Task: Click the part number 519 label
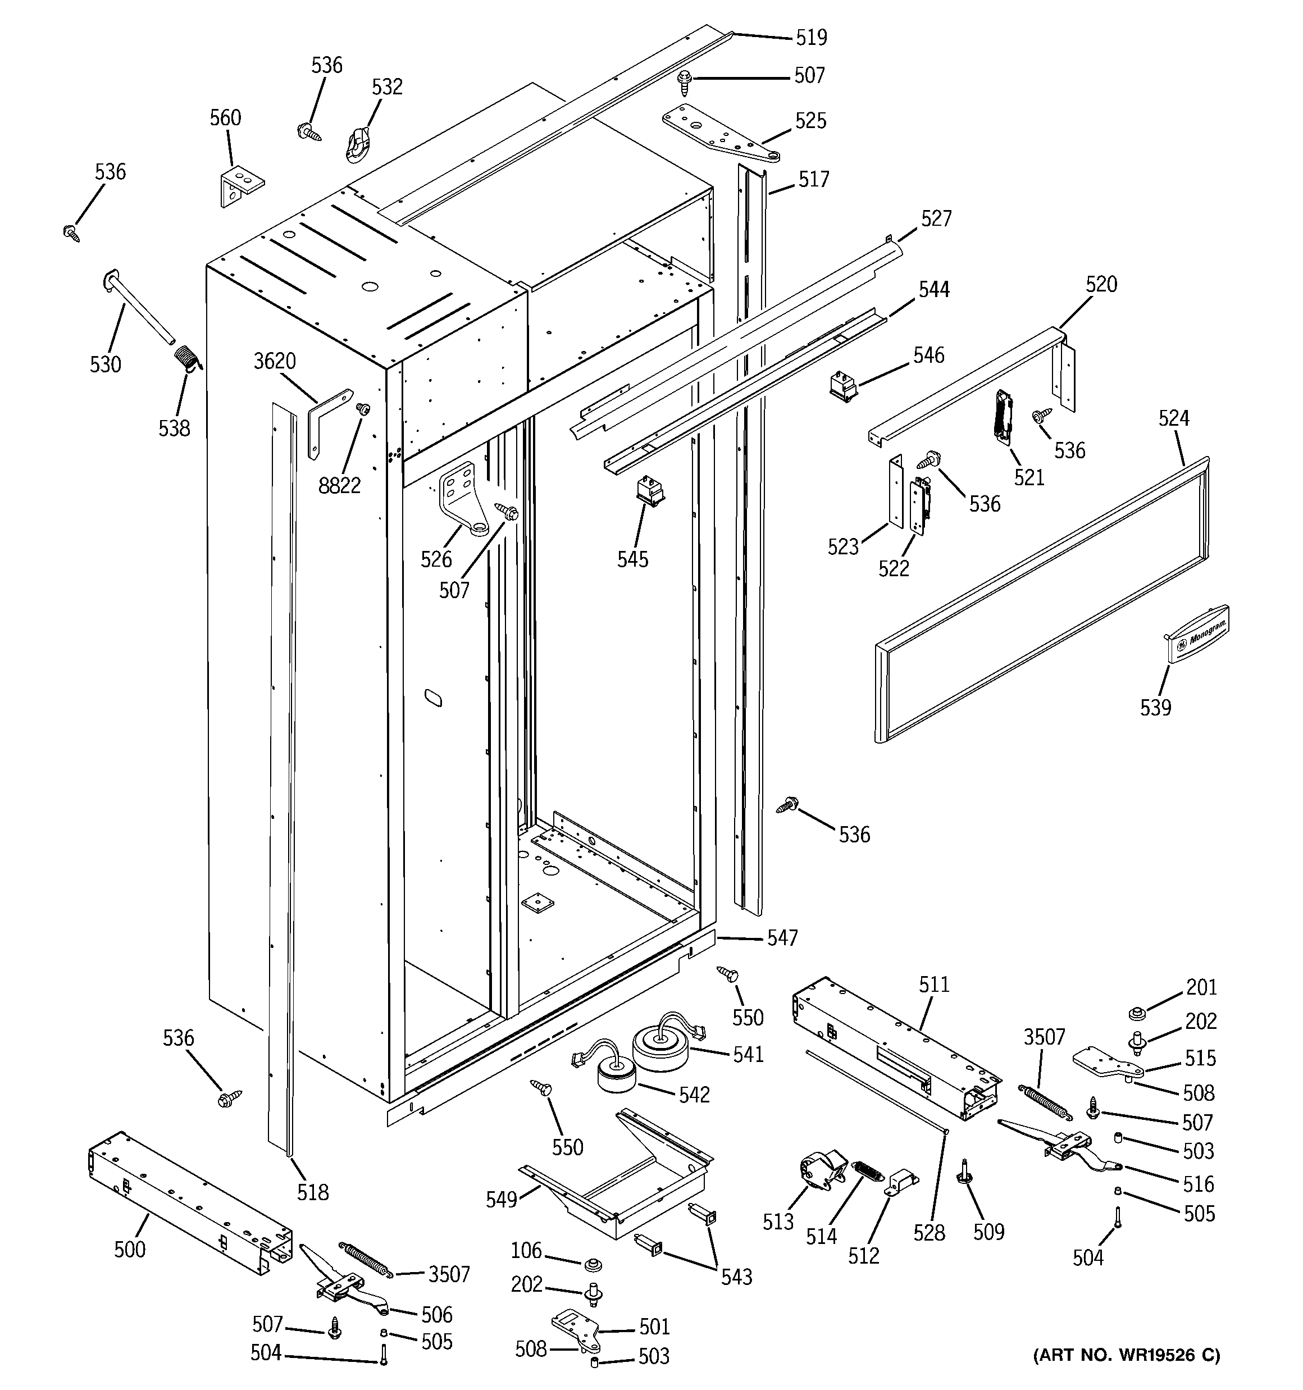[812, 37]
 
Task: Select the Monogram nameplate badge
[1197, 633]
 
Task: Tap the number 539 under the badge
[1155, 708]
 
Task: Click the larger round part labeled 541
[661, 1045]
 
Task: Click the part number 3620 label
[274, 362]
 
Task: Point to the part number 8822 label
[339, 485]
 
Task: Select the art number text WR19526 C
[1127, 1355]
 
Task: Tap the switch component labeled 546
[844, 385]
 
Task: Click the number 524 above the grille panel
[1174, 418]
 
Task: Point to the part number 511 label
[935, 985]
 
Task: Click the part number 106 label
[526, 1250]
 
